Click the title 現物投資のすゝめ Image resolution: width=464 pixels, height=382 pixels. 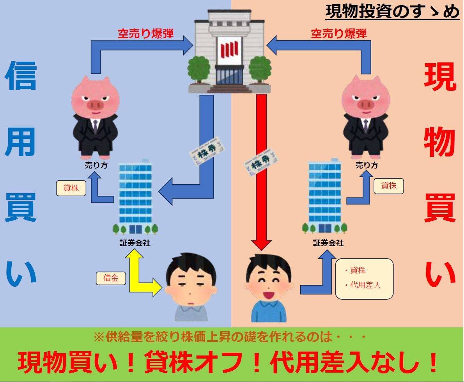[392, 12]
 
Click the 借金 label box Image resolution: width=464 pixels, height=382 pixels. [111, 278]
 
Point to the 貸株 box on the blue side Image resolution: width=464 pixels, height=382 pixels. [71, 188]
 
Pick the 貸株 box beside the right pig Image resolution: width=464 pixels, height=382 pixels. [388, 186]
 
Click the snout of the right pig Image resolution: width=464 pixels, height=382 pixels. [365, 105]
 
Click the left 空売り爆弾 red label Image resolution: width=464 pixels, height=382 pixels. [145, 34]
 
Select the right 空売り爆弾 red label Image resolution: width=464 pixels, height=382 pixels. [338, 34]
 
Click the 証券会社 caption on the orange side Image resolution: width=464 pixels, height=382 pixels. [328, 243]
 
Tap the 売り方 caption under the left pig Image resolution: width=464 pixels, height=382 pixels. [96, 165]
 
